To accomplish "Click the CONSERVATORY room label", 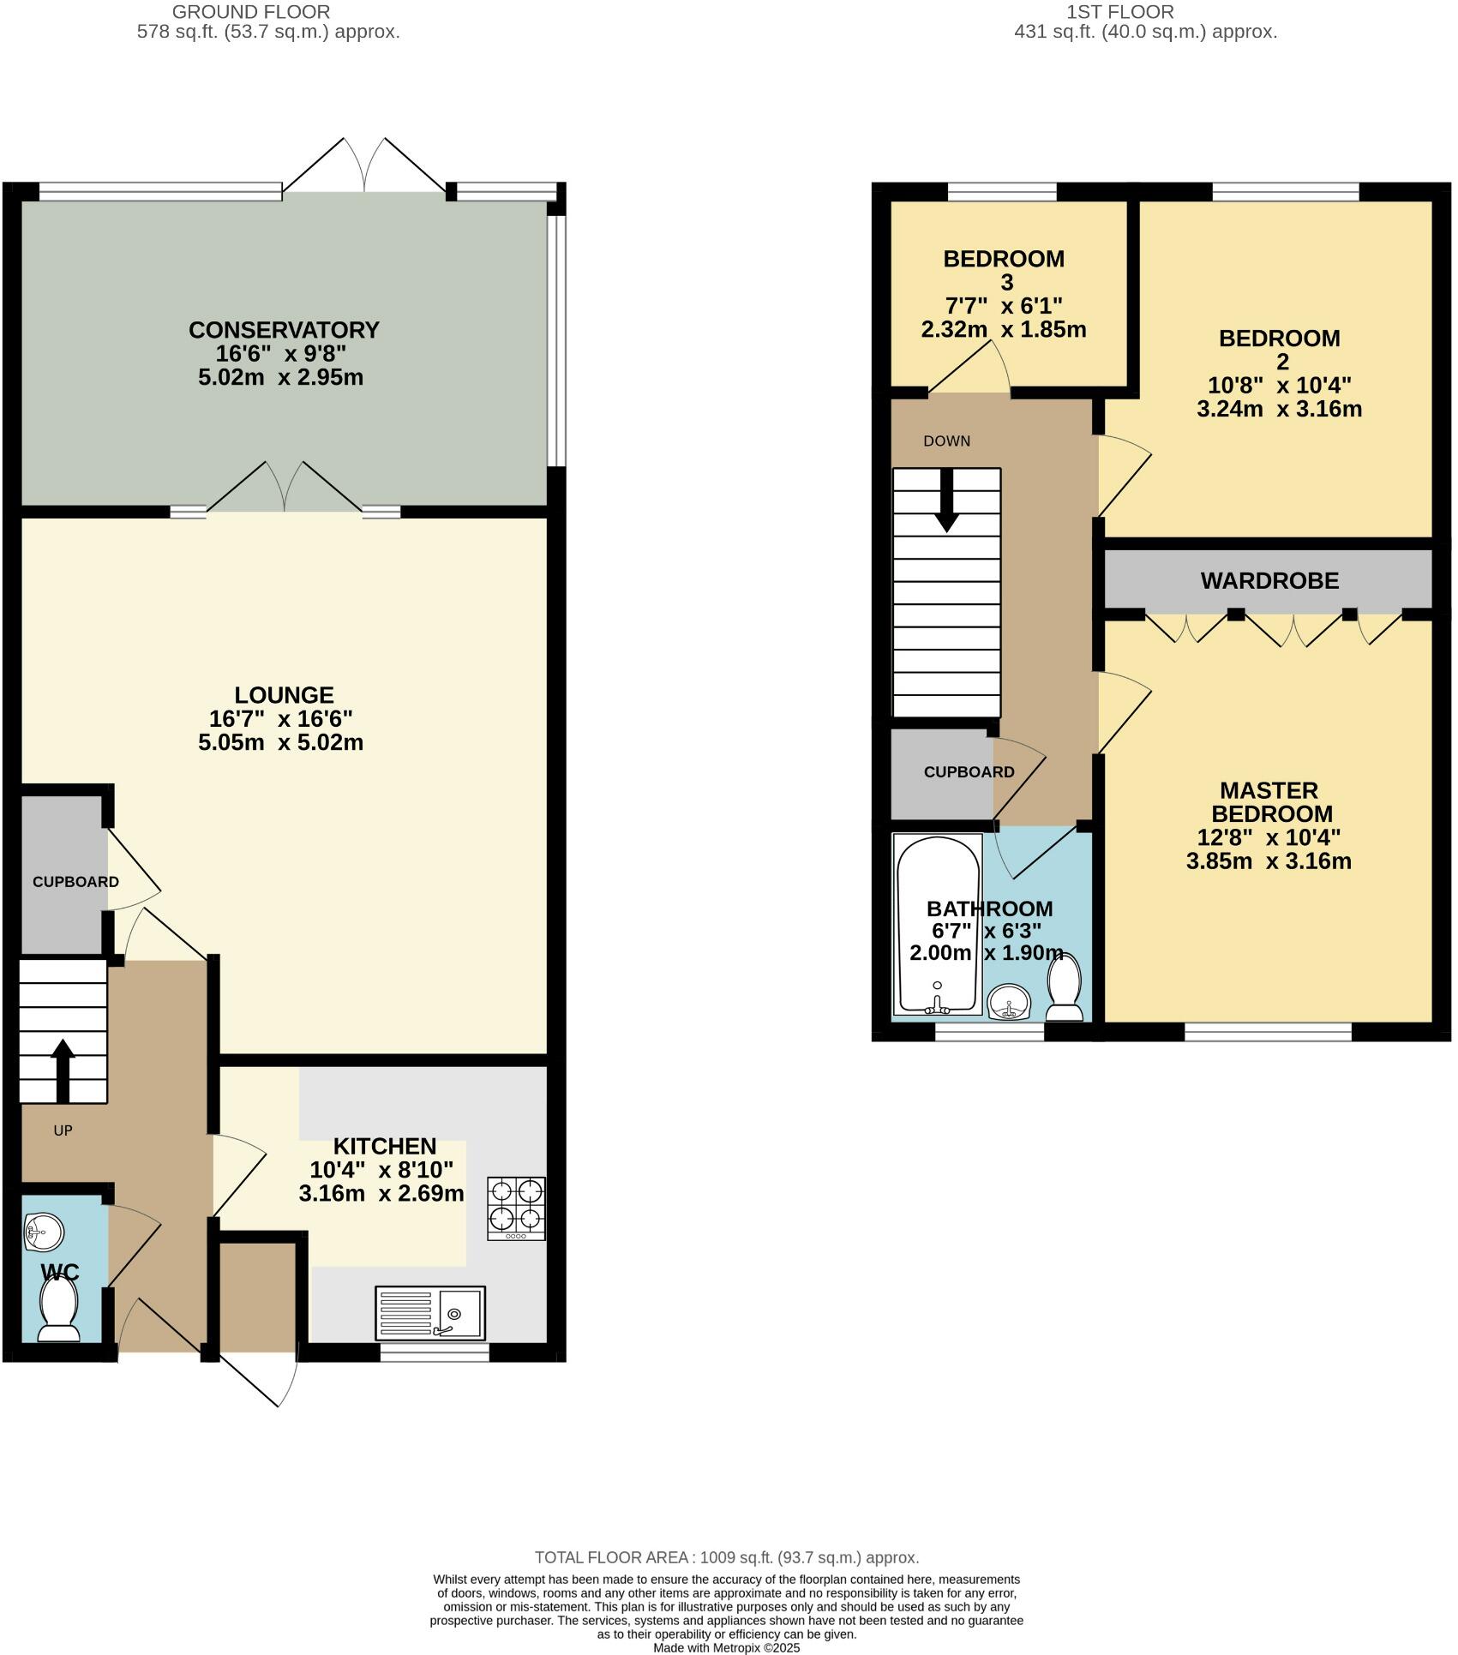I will coord(283,330).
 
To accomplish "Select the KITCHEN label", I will coord(384,1146).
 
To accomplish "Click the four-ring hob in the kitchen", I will coord(516,1208).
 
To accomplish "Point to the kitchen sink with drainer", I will coord(429,1313).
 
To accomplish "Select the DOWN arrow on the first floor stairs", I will coord(946,501).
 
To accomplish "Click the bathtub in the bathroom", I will coord(937,923).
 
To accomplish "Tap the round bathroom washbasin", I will coord(1010,1003).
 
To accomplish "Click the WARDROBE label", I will coord(1269,581).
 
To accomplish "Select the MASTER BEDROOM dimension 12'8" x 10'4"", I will coord(1269,837).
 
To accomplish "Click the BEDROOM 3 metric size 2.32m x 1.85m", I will coord(1003,329).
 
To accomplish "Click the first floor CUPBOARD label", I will coord(969,772).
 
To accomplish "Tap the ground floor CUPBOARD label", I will coord(75,882).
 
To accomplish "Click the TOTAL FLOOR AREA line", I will coord(726,1557).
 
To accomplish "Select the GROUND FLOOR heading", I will coord(251,12).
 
